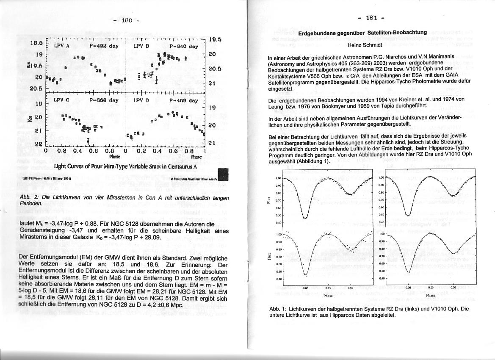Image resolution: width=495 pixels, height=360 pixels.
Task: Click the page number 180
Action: [x=127, y=20]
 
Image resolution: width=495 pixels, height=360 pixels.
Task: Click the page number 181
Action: [x=371, y=18]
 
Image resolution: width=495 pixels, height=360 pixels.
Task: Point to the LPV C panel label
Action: [x=61, y=100]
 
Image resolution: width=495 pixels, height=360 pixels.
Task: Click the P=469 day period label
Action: [x=183, y=101]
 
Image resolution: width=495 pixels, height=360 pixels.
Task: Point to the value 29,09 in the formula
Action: [x=152, y=238]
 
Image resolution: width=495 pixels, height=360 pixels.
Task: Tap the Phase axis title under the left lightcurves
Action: [x=328, y=296]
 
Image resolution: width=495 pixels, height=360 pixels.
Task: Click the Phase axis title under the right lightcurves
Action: [x=431, y=295]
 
